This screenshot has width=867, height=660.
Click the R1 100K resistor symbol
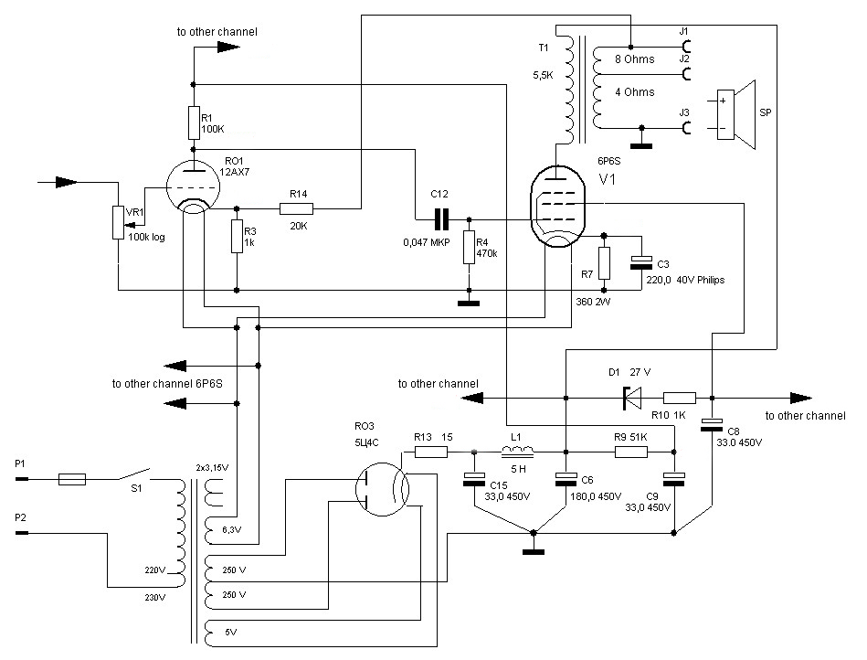[194, 122]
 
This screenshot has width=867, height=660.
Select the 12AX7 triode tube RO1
[193, 187]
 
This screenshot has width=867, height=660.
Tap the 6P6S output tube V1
[556, 207]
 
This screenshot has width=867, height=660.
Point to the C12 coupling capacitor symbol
[441, 219]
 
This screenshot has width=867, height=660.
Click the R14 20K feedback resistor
[296, 208]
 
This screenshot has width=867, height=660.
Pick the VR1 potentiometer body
[118, 222]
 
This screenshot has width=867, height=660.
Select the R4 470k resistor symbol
[469, 248]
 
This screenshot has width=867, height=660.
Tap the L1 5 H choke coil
[517, 452]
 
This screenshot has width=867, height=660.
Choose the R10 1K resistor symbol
[679, 398]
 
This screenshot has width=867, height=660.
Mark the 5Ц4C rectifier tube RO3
[382, 490]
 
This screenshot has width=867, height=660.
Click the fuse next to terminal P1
[72, 479]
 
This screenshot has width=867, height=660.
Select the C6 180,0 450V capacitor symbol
[566, 479]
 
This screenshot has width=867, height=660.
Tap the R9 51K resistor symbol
[631, 452]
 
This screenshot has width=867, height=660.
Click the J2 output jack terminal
[687, 73]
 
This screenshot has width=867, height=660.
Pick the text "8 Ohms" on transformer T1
[634, 59]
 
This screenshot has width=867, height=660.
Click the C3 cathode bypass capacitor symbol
[641, 262]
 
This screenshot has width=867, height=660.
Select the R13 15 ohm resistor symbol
[430, 452]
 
